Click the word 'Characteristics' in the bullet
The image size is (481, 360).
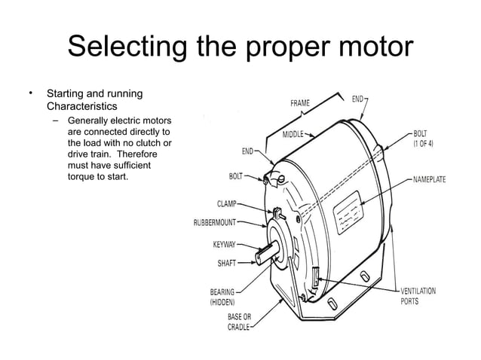coord(82,106)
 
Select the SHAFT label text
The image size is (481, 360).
coord(227,264)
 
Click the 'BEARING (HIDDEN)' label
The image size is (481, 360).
coord(222,297)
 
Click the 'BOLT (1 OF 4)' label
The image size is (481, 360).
coord(427,138)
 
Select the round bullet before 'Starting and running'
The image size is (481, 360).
coord(32,93)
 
